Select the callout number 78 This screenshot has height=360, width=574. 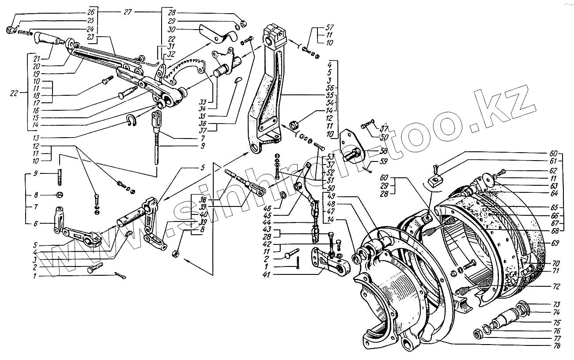(556, 346)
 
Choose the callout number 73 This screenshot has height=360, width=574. (556, 304)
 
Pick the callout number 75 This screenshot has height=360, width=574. (556, 322)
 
